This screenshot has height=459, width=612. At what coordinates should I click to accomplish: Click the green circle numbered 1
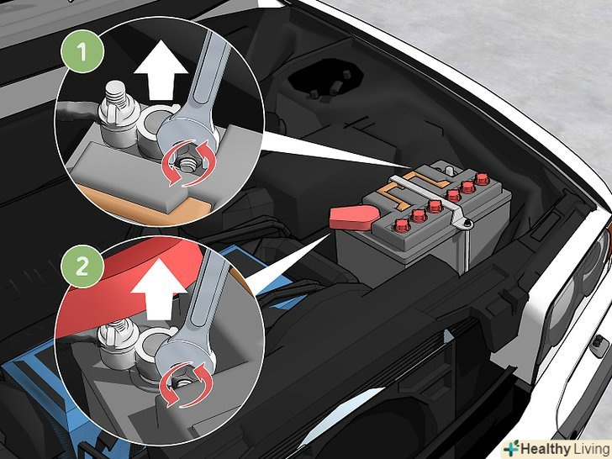click(x=82, y=51)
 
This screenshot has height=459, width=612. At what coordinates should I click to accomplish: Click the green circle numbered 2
click(x=82, y=266)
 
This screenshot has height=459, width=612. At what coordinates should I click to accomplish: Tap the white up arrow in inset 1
click(x=161, y=71)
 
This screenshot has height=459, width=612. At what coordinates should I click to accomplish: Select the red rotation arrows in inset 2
click(x=186, y=384)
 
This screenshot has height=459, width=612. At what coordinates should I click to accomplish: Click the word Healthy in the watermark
click(x=546, y=449)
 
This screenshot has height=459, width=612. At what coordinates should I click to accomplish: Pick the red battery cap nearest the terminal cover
click(x=401, y=224)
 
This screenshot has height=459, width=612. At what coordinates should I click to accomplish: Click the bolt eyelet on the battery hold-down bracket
click(x=467, y=224)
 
